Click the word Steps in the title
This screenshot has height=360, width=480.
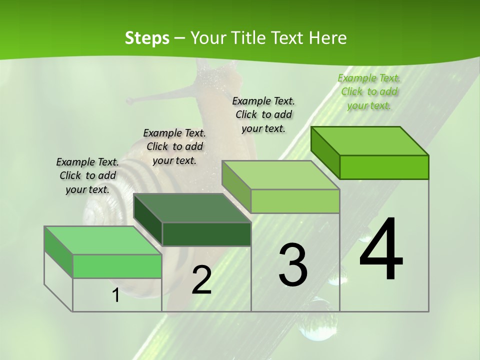click(146, 38)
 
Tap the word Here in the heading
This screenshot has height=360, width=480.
click(328, 38)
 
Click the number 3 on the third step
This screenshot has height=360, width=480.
click(293, 264)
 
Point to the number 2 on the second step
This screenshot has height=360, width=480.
click(201, 280)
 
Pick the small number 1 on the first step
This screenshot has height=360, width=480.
click(115, 295)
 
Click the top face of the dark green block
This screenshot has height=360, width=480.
click(192, 208)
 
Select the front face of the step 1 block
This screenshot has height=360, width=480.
click(117, 266)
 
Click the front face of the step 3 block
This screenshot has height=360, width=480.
click(295, 201)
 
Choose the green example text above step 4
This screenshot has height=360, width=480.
click(369, 91)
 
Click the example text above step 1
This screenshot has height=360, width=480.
click(87, 175)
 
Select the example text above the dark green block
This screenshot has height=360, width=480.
click(174, 146)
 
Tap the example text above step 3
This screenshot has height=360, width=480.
click(263, 114)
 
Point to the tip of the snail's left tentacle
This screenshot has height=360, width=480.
click(129, 100)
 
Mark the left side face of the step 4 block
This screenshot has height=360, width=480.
click(325, 152)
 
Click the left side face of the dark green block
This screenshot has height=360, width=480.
click(148, 220)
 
